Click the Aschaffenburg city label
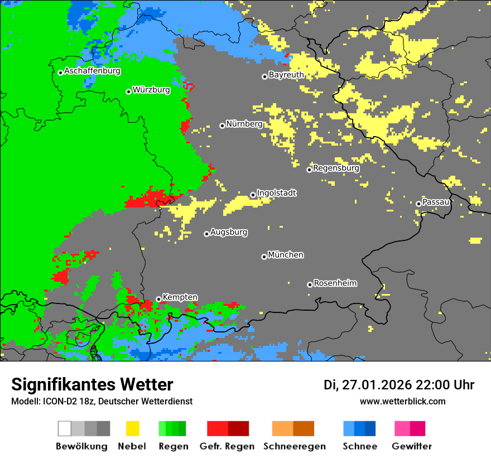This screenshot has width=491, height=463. click(92, 71)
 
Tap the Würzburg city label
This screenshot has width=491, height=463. click(151, 90)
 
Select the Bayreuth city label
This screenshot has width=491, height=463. click(286, 75)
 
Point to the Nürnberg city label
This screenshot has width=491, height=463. click(244, 124)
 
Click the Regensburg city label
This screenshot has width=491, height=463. click(336, 168)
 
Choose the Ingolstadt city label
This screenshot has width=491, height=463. click(276, 193)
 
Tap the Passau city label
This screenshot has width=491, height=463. click(436, 202)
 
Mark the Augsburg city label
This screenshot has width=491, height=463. click(229, 232)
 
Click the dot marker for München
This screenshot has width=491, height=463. click(264, 257)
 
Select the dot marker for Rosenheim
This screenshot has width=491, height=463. click(310, 284)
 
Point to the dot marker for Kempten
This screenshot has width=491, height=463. click(158, 299)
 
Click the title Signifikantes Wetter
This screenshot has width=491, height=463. click(92, 385)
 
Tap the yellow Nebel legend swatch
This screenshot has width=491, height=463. click(132, 428)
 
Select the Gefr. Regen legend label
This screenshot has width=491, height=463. click(227, 446)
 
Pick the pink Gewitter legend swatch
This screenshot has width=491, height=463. click(402, 428)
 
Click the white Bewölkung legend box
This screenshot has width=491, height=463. click(65, 428)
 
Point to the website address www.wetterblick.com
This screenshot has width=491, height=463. click(402, 402)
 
